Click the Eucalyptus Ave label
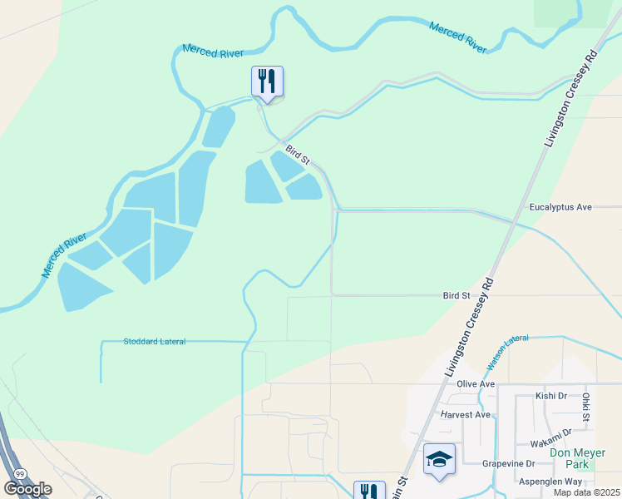coord(560,206)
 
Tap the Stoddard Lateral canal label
coord(154,341)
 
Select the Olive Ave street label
coord(476,383)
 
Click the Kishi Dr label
coord(550,396)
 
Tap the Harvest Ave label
coord(466,414)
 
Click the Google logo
coord(27,489)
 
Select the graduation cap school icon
coord(438,458)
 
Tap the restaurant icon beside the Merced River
coord(267,81)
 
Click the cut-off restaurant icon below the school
coord(369,491)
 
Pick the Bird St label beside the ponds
coord(297,154)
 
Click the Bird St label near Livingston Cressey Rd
coord(457,295)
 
